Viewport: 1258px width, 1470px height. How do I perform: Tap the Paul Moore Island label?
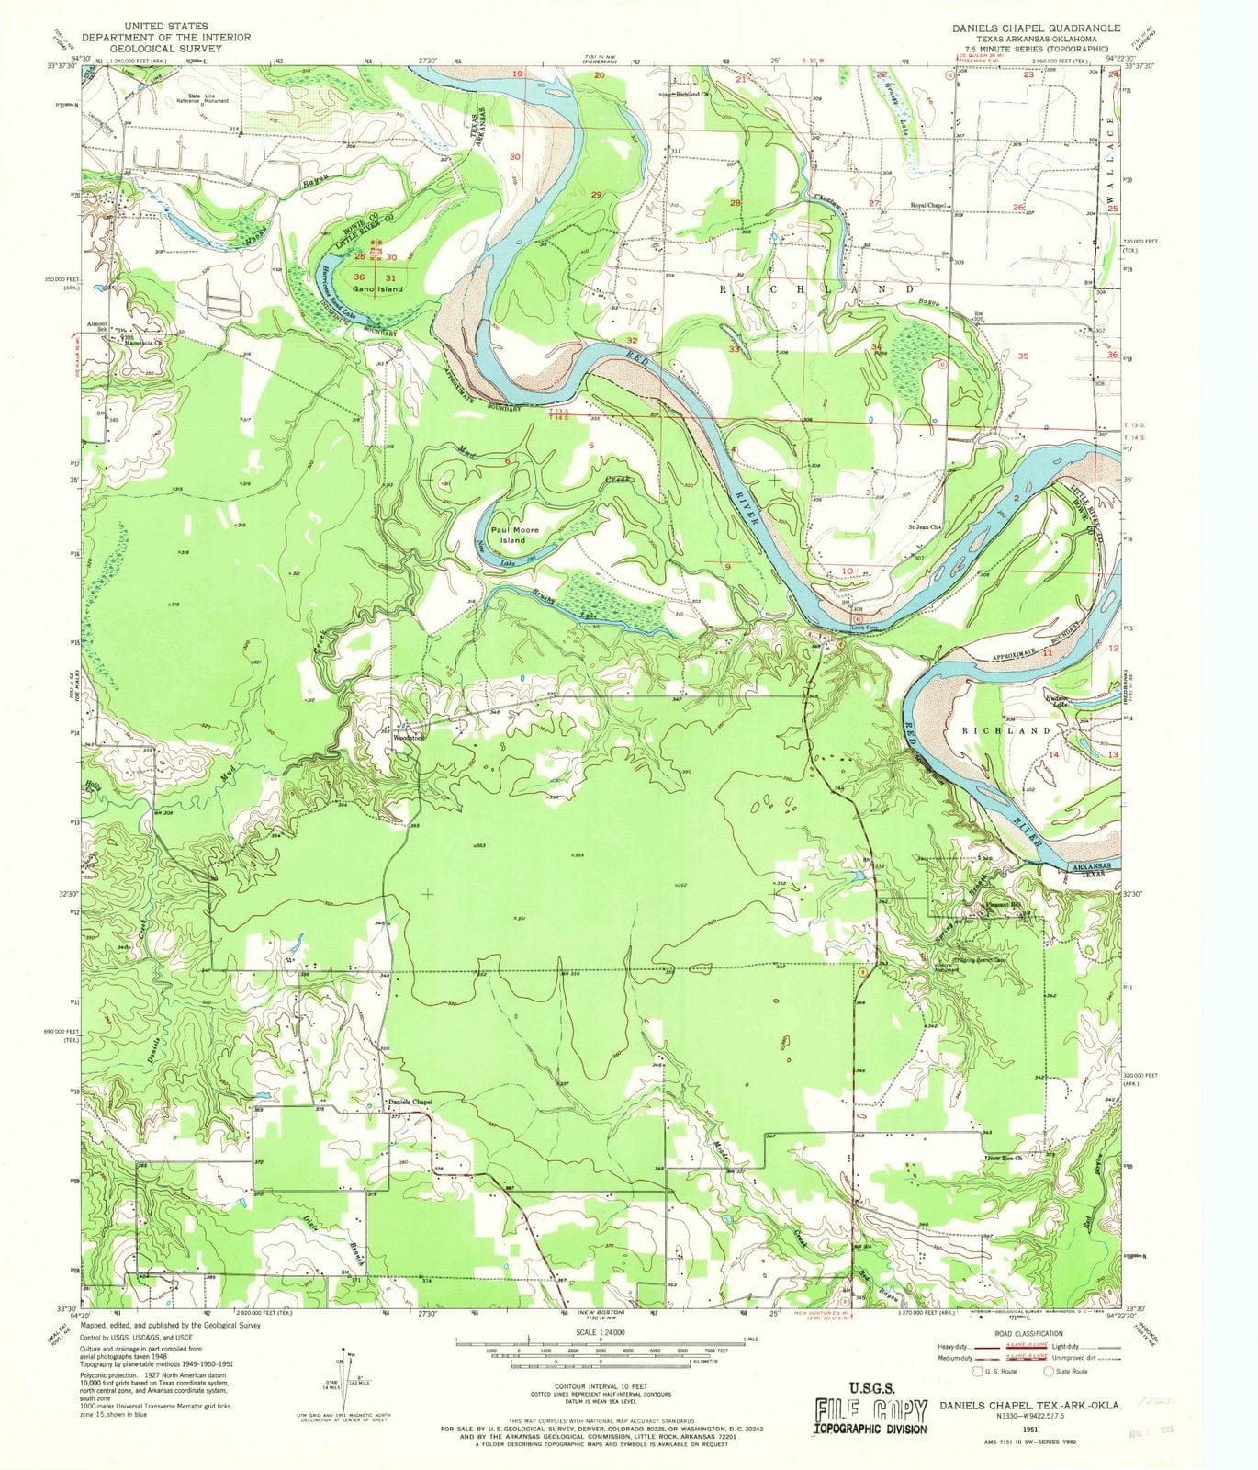click(514, 535)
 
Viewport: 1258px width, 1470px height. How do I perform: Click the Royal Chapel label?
click(928, 205)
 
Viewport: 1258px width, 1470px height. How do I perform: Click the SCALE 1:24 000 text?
click(600, 1331)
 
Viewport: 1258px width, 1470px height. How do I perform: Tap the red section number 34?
click(876, 346)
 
